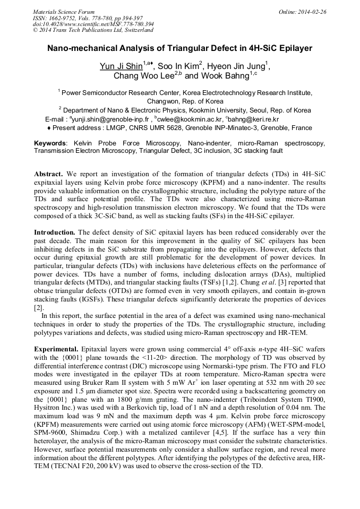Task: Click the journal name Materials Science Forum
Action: [x=64, y=11]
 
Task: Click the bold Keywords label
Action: [x=50, y=143]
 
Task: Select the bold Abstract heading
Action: [x=49, y=174]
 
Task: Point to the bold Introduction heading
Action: [x=55, y=232]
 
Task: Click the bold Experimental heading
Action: [x=56, y=349]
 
